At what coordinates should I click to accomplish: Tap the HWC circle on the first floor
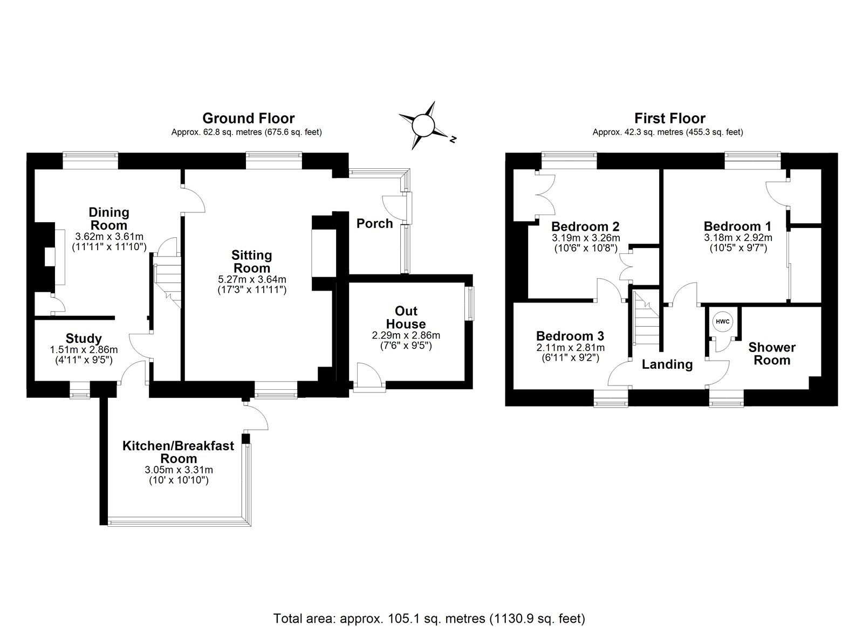[722, 322]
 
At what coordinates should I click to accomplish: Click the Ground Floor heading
[248, 118]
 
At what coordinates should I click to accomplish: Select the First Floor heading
[669, 118]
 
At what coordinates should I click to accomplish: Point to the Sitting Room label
[251, 261]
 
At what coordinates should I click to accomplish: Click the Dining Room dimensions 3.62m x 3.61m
[109, 237]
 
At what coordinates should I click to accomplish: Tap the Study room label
[84, 339]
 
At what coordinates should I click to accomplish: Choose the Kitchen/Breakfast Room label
[179, 452]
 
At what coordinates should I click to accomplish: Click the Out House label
[406, 318]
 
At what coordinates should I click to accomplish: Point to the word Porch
[374, 223]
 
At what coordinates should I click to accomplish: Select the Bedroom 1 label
[737, 226]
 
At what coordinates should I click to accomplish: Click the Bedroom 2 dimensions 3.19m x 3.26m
[586, 238]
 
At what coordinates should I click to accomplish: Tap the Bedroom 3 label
[570, 335]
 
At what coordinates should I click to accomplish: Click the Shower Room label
[772, 354]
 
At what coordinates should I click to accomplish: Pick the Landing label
[667, 364]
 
